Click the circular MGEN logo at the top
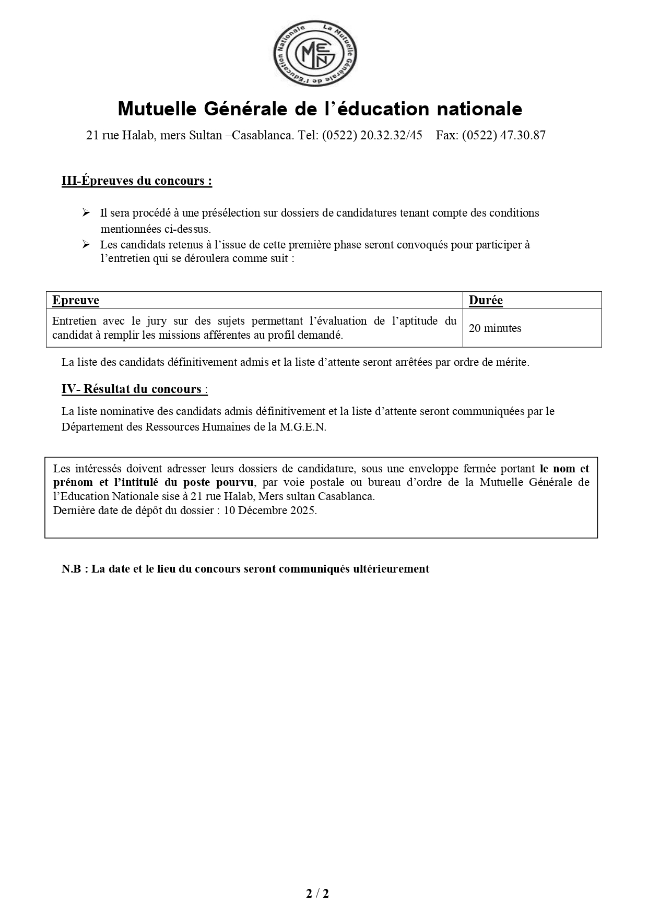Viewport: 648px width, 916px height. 315,54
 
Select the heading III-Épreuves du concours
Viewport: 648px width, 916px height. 137,181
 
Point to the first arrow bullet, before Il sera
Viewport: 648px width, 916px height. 86,212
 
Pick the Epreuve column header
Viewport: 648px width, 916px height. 76,300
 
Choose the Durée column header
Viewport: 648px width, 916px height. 486,300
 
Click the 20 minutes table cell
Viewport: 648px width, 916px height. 495,328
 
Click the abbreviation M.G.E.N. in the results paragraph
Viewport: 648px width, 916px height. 303,427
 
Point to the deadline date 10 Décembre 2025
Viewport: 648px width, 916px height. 270,510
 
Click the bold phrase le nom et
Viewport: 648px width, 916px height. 564,469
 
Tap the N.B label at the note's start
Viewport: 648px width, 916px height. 72,569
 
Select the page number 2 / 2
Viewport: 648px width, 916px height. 317,894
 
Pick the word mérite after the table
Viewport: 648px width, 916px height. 512,362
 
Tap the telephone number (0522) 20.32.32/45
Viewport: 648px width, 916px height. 372,136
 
